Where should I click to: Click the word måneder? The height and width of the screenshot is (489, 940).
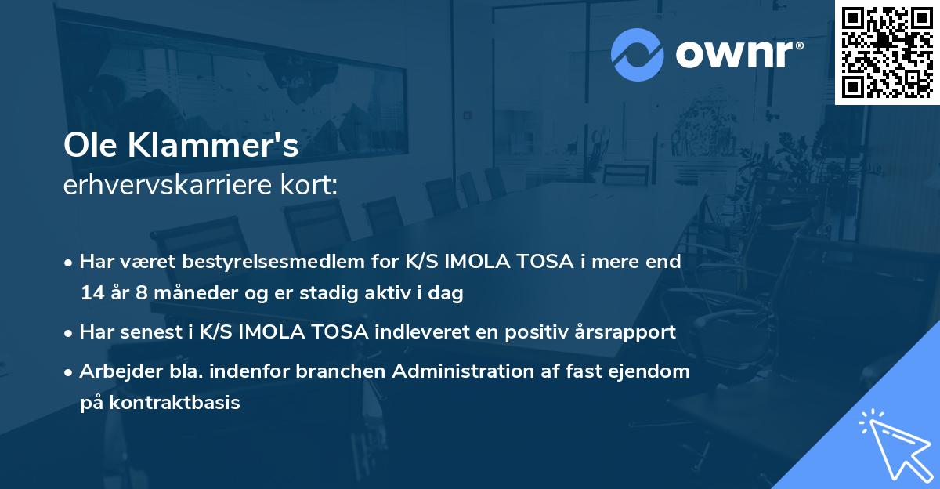click(188, 294)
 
